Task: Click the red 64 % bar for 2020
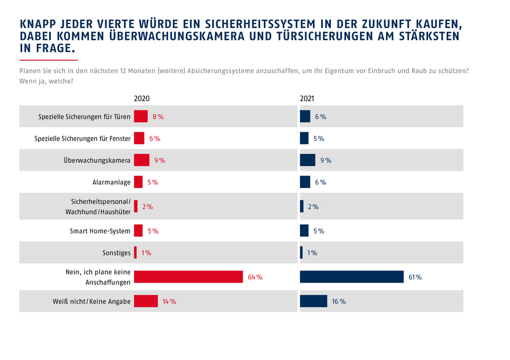188,277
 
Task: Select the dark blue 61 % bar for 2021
352,277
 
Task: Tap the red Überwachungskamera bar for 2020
142,160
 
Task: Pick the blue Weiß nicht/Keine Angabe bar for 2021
313,301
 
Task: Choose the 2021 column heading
307,99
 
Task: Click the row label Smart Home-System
100,231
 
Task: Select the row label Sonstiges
116,253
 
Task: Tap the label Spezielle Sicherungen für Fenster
82,139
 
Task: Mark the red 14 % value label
169,301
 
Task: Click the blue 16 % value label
339,301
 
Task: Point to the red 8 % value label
158,116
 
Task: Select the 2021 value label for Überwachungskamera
326,160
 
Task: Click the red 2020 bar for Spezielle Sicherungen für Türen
141,116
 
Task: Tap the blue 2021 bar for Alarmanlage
305,183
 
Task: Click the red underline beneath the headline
49,60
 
